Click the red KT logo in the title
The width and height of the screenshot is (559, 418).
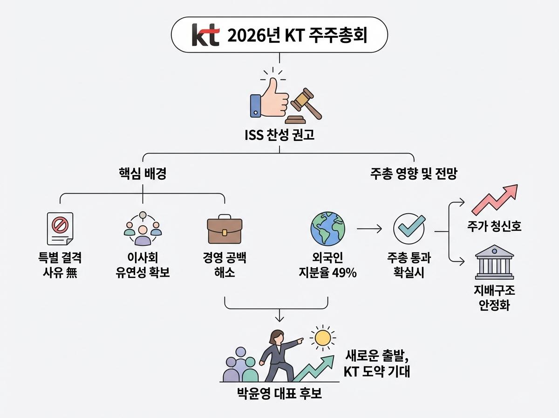pos(205,35)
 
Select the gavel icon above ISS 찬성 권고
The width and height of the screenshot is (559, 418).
pos(306,104)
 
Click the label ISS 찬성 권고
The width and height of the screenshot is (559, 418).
pos(279,136)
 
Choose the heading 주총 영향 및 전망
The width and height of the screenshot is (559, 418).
pos(414,174)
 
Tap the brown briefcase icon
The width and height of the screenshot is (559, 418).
pos(225,229)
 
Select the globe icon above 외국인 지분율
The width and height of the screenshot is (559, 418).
pos(327,229)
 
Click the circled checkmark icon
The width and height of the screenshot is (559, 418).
pos(409,229)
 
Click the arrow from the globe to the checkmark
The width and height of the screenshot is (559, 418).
pos(369,229)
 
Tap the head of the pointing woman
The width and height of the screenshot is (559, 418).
pos(278,336)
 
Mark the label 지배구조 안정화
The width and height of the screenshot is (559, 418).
pos(494,299)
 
